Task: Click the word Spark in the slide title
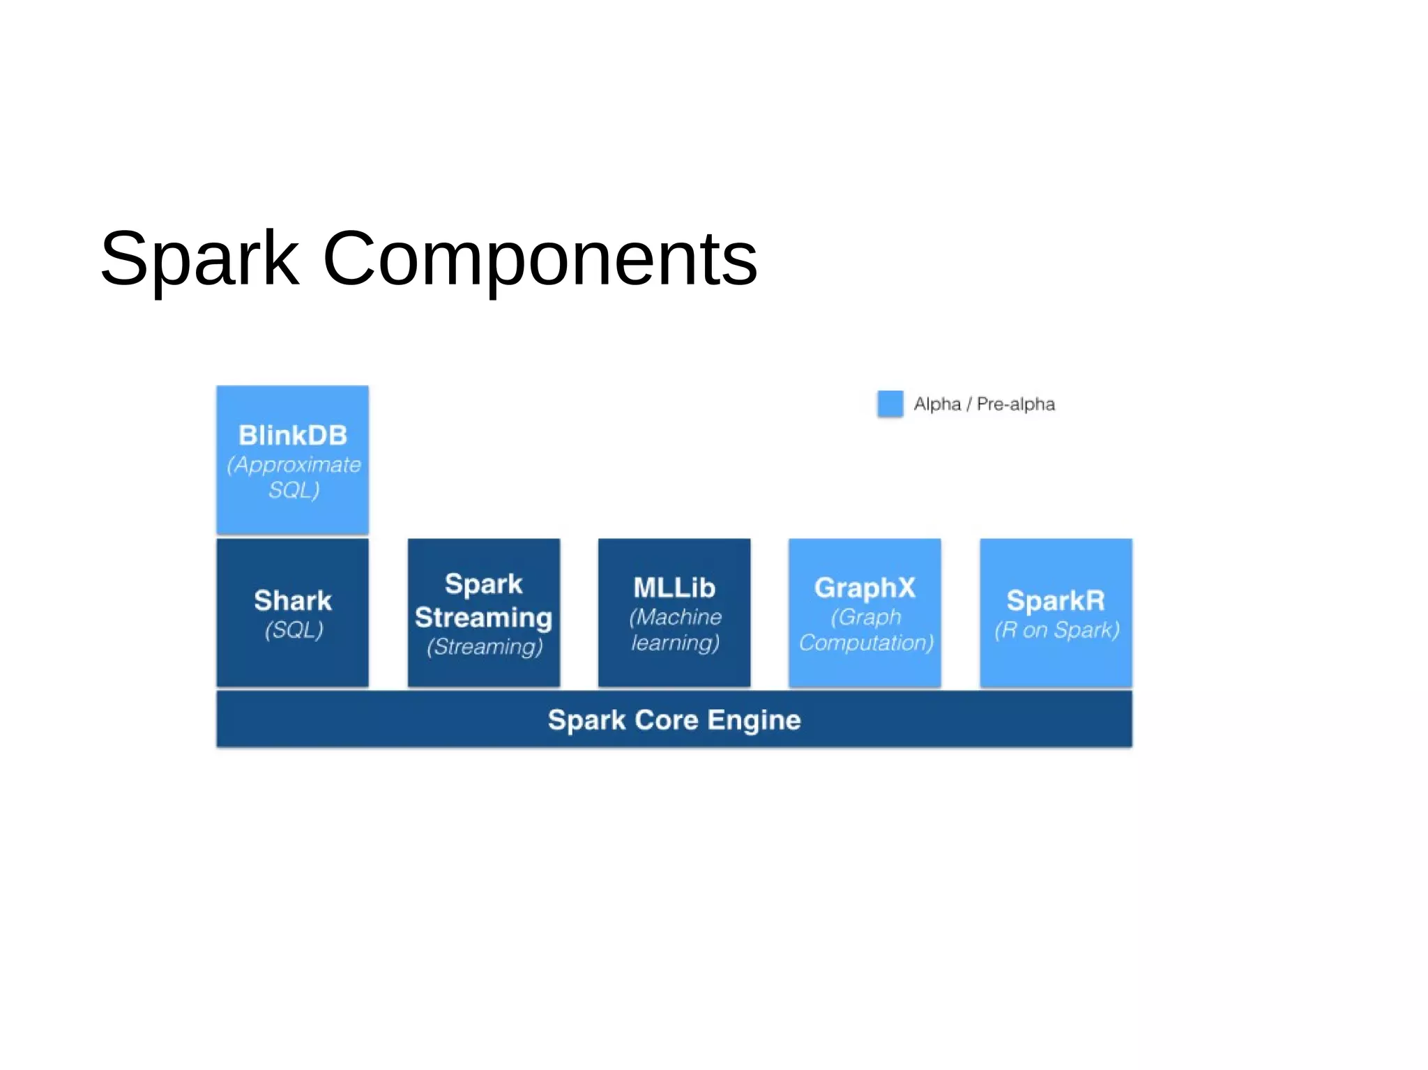(x=199, y=259)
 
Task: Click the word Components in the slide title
(x=540, y=259)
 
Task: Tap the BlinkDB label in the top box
(x=293, y=436)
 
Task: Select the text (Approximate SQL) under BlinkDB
(x=294, y=477)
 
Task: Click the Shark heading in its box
(x=293, y=601)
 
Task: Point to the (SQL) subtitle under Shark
(x=294, y=630)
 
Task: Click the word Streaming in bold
(x=484, y=618)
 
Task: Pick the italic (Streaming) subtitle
(x=485, y=647)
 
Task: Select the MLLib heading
(x=674, y=588)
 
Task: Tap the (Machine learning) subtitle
(x=675, y=629)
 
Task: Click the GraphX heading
(x=865, y=588)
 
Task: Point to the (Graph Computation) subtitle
(x=866, y=629)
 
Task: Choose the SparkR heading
(x=1056, y=601)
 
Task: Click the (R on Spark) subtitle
(x=1056, y=630)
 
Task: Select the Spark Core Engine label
(x=674, y=720)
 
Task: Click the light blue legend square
(x=890, y=404)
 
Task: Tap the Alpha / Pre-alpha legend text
(x=984, y=404)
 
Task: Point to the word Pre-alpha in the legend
(x=1015, y=404)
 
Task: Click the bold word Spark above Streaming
(x=484, y=584)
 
